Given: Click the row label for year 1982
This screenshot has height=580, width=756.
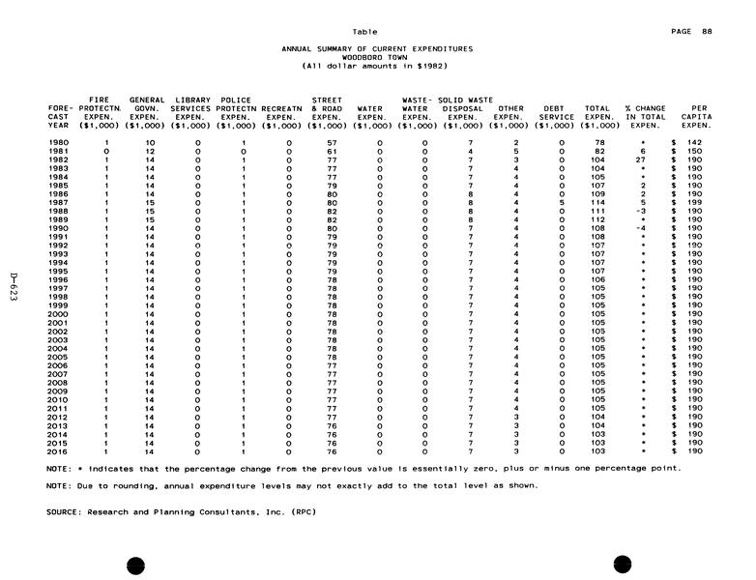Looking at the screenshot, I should pyautogui.click(x=58, y=159).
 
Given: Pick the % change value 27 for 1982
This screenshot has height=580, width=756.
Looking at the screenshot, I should pyautogui.click(x=642, y=159).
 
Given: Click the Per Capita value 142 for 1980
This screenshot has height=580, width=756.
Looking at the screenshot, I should pyautogui.click(x=691, y=142).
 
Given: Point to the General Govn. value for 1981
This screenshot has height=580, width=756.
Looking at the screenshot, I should pyautogui.click(x=150, y=151).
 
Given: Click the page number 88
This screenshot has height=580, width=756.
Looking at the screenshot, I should pyautogui.click(x=707, y=32).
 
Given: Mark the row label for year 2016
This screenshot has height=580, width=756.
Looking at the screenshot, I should pyautogui.click(x=58, y=451).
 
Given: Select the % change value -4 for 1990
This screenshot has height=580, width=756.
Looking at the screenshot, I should pyautogui.click(x=642, y=229).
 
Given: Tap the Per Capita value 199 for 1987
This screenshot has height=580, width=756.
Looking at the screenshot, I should pyautogui.click(x=691, y=203).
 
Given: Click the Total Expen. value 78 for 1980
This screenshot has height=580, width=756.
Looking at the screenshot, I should pyautogui.click(x=598, y=142).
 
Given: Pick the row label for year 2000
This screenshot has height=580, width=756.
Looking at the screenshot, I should pyautogui.click(x=58, y=314).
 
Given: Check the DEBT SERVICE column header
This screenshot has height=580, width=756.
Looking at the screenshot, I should pyautogui.click(x=554, y=112).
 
